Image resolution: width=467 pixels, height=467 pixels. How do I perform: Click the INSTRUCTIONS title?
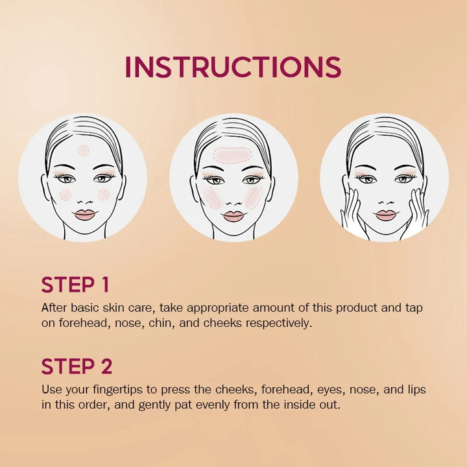click(x=233, y=67)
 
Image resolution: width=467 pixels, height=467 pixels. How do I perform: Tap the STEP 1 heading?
click(x=75, y=285)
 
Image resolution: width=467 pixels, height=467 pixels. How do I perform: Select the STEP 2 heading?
click(x=77, y=366)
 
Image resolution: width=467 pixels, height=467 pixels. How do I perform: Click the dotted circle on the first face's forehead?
click(x=84, y=150)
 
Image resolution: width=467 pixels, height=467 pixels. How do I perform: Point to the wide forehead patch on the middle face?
click(x=233, y=154)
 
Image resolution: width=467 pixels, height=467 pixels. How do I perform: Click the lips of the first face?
click(x=84, y=214)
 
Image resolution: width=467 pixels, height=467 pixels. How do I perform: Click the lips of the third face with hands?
click(x=385, y=215)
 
